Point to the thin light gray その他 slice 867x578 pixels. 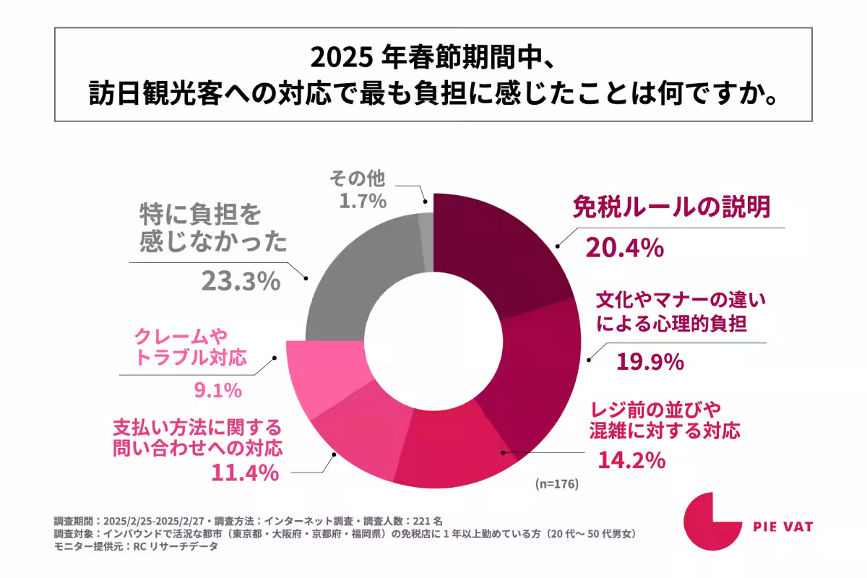click(426, 231)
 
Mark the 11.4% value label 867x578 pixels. click(244, 473)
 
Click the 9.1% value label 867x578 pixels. click(217, 391)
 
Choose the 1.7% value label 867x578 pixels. click(363, 202)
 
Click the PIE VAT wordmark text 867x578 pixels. click(780, 526)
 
